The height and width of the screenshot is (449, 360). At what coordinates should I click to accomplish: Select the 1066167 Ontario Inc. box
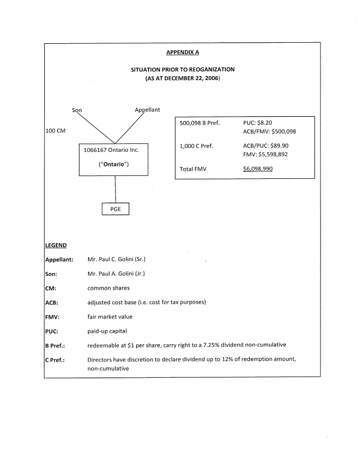[115, 157]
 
